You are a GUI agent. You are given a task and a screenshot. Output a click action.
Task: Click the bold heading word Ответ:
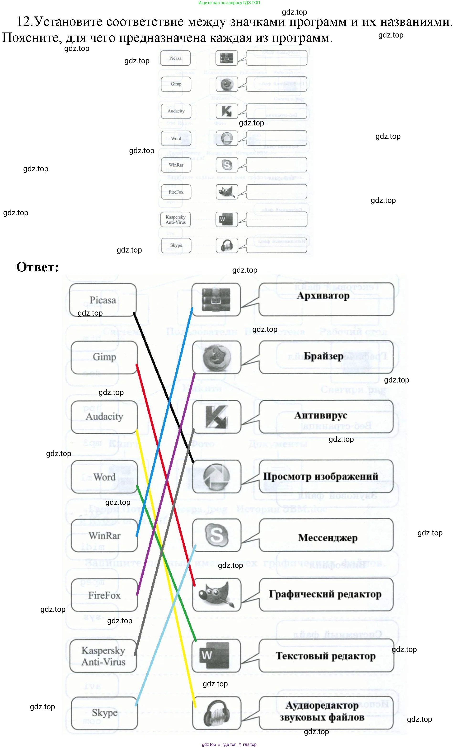click(37, 267)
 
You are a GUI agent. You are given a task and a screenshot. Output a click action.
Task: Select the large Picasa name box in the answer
click(103, 300)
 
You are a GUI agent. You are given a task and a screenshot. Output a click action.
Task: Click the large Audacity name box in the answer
click(104, 417)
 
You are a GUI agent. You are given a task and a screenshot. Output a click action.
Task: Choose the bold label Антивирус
click(321, 415)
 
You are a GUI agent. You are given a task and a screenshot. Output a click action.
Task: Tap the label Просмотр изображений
click(321, 476)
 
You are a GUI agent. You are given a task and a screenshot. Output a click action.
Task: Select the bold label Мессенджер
click(327, 538)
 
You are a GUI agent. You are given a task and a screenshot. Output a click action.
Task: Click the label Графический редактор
click(325, 594)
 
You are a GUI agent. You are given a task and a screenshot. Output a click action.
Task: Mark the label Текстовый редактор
click(325, 656)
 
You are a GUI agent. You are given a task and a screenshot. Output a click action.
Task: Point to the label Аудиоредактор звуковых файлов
click(322, 711)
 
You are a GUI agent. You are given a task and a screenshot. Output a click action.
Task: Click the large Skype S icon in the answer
click(216, 535)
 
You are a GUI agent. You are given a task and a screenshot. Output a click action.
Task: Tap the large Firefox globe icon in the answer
click(216, 357)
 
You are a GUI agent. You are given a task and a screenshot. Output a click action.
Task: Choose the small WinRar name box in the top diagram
click(176, 165)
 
